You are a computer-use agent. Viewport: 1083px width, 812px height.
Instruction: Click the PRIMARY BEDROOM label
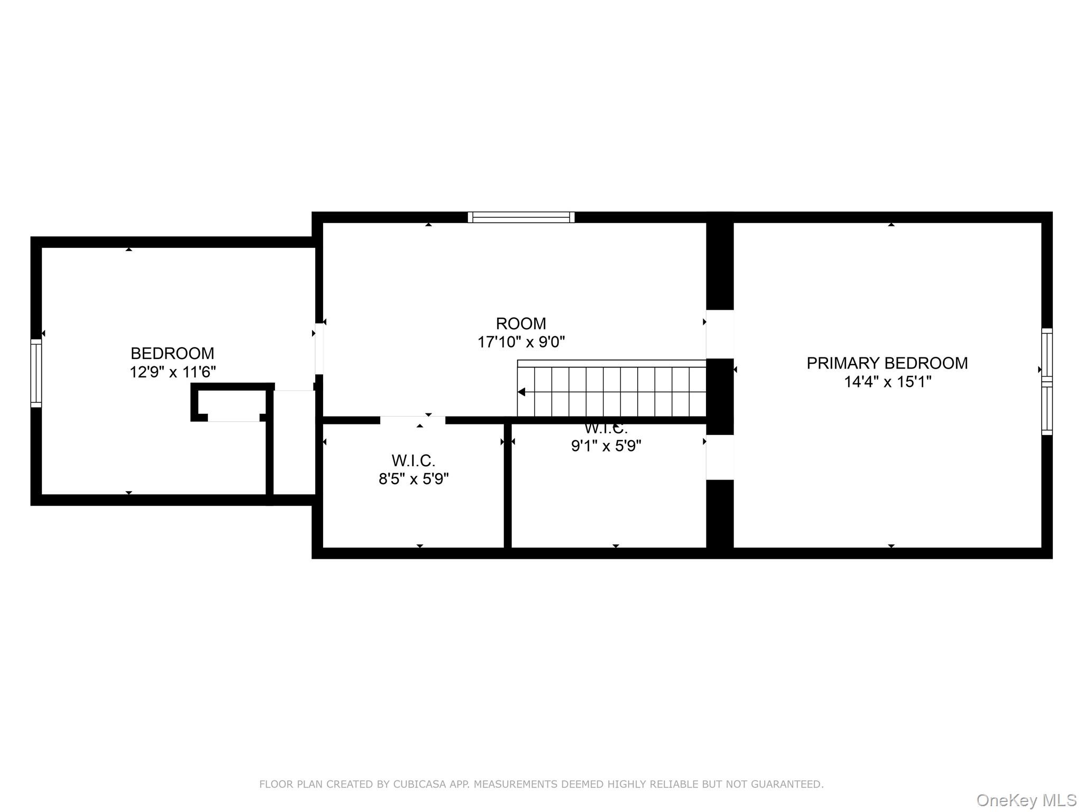coord(887,363)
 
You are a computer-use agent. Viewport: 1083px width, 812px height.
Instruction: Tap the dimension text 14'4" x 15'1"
coord(887,382)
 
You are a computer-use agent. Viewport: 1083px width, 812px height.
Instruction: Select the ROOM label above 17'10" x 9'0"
coord(520,324)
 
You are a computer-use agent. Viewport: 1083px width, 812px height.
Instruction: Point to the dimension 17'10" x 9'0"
coord(520,342)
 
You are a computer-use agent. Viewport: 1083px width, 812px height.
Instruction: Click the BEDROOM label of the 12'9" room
coord(172,353)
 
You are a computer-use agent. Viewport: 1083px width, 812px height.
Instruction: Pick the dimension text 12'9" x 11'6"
coord(172,372)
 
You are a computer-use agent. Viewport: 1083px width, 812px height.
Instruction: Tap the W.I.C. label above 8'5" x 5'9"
coord(413,460)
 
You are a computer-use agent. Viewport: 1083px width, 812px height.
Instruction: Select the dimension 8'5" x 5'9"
coord(413,479)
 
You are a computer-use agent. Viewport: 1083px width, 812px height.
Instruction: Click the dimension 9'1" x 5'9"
coord(605,446)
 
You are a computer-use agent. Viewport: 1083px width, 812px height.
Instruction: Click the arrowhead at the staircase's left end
coord(521,392)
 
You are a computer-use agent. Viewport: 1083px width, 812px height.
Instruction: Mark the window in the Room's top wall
coord(521,217)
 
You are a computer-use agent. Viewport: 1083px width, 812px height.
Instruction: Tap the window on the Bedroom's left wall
coord(36,373)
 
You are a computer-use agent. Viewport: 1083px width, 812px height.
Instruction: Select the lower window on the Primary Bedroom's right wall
coord(1047,410)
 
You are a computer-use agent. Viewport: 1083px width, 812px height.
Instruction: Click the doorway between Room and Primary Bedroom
coord(720,334)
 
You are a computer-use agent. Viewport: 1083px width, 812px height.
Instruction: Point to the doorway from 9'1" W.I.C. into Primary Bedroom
coord(720,457)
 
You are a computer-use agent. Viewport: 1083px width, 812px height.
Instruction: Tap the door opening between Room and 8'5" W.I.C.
coord(412,420)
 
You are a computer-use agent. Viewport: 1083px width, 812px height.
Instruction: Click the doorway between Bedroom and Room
coord(319,349)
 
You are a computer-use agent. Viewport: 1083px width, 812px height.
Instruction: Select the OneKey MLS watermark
coord(1026,800)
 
